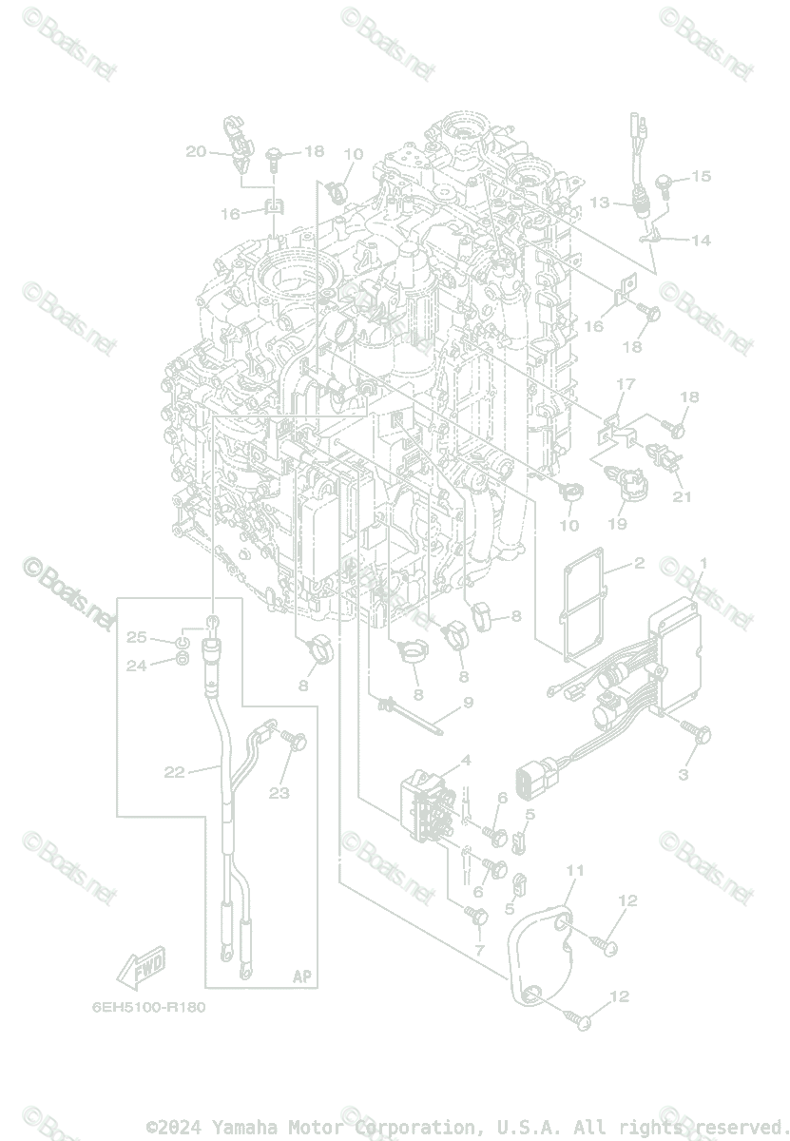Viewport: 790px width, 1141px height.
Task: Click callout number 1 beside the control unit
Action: tap(703, 564)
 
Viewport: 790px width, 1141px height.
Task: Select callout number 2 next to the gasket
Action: tap(639, 564)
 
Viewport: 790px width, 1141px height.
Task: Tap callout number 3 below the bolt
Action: tap(683, 775)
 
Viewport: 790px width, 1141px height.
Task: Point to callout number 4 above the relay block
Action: tap(466, 760)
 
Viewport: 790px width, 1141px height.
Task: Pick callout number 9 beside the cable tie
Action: tap(467, 704)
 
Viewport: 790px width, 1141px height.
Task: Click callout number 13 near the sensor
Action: tap(599, 203)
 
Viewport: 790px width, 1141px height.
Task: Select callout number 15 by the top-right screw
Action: tap(701, 176)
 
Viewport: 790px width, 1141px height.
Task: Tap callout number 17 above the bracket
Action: tap(625, 384)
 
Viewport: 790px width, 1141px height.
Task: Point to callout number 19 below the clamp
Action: tap(616, 523)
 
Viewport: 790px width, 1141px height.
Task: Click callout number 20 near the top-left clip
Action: tap(195, 151)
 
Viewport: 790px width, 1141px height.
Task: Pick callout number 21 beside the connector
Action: tap(682, 495)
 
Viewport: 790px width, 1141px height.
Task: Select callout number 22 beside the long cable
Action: tap(174, 772)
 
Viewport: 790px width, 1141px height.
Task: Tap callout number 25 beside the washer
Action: tap(137, 637)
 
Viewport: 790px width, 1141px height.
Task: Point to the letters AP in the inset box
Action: tap(301, 977)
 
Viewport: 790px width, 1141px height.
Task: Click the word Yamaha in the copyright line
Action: tap(241, 1126)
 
